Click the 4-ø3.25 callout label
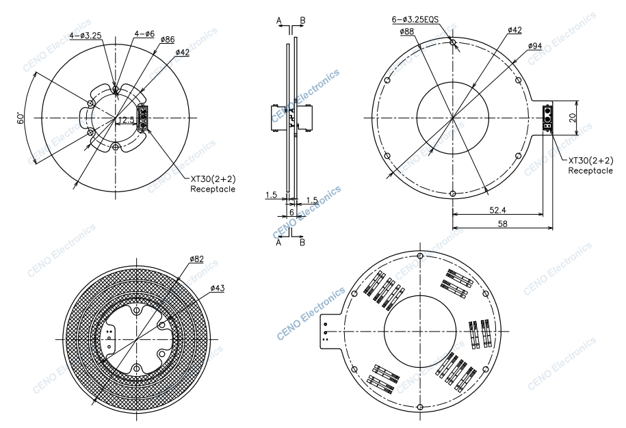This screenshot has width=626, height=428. tap(86, 36)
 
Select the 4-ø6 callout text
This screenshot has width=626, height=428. tap(144, 34)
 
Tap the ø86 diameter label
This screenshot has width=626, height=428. tap(168, 40)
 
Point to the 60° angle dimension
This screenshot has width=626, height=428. tap(21, 118)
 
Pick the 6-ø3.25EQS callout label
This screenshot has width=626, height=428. tap(415, 20)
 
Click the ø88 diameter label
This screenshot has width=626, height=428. tap(407, 31)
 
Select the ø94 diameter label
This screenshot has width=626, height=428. tap(535, 46)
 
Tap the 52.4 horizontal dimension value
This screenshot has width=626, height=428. tap(497, 210)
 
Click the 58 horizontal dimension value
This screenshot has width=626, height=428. tap(503, 224)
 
